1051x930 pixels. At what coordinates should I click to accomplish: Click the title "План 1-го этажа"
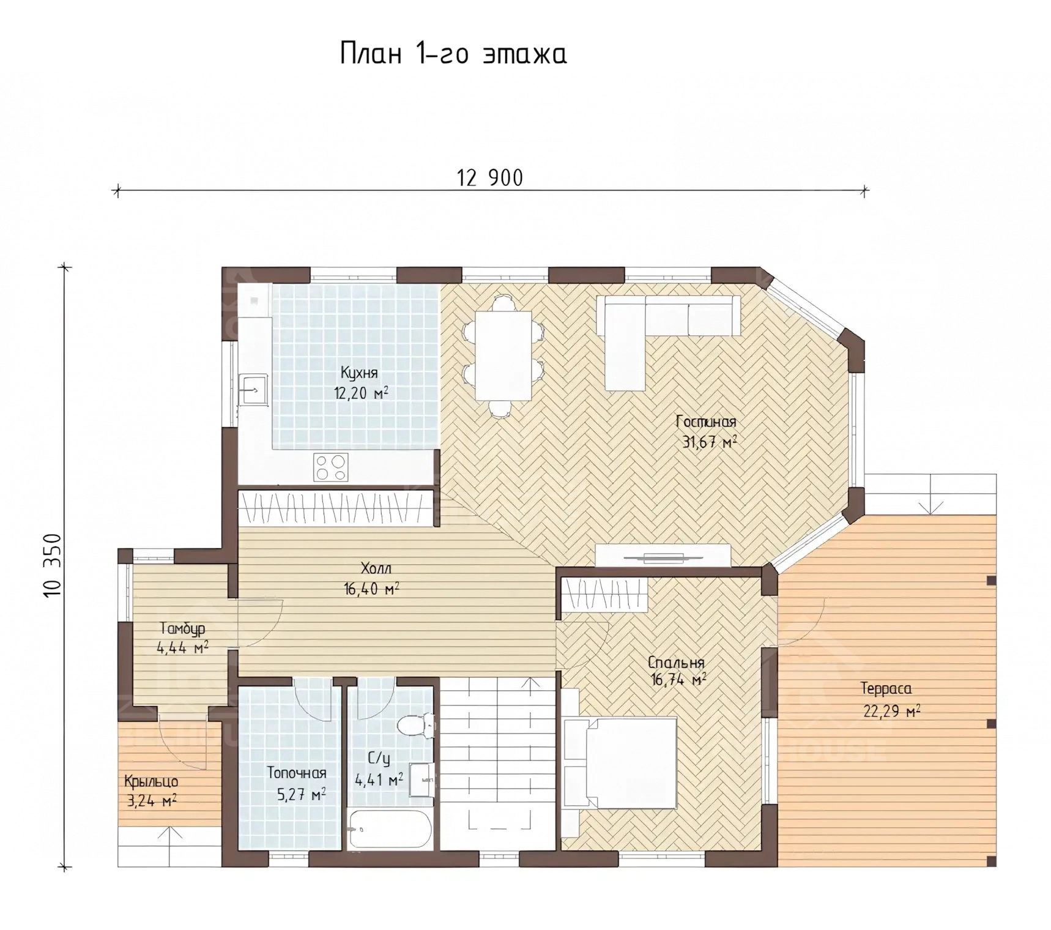pyautogui.click(x=453, y=53)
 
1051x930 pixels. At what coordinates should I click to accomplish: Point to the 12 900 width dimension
pyautogui.click(x=490, y=178)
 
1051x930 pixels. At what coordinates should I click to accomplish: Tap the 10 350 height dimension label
pyautogui.click(x=53, y=565)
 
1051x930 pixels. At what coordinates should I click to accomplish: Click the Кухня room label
pyautogui.click(x=359, y=373)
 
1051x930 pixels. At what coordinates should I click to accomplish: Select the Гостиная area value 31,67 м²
pyautogui.click(x=709, y=442)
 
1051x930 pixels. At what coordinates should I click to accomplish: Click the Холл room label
pyautogui.click(x=376, y=568)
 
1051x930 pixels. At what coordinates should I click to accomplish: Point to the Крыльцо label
pyautogui.click(x=151, y=782)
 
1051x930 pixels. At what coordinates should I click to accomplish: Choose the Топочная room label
pyautogui.click(x=297, y=773)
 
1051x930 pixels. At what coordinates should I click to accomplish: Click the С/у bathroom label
pyautogui.click(x=379, y=759)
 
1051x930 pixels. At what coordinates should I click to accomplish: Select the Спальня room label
pyautogui.click(x=676, y=663)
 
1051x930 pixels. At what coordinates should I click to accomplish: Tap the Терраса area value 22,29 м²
pyautogui.click(x=892, y=712)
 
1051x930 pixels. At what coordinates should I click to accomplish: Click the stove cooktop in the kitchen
pyautogui.click(x=331, y=467)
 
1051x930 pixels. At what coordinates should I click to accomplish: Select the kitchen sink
pyautogui.click(x=253, y=389)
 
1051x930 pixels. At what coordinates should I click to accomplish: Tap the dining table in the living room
pyautogui.click(x=503, y=356)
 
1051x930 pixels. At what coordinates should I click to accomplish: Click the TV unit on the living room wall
pyautogui.click(x=664, y=556)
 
